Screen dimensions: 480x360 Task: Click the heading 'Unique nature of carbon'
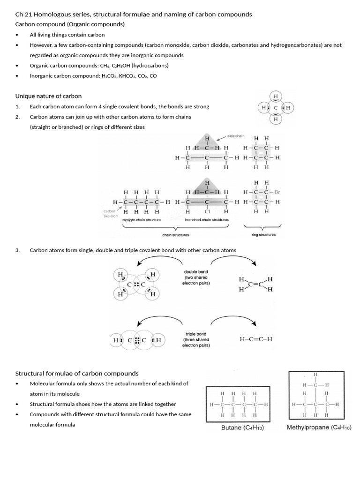[x=49, y=96]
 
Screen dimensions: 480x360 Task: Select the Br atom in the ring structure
[x=277, y=192]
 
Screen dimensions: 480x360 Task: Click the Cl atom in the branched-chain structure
[x=207, y=211]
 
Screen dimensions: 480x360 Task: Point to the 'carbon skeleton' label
[x=110, y=214]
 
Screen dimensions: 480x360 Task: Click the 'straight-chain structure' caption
[x=142, y=220]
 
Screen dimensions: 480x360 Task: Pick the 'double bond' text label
[x=196, y=272]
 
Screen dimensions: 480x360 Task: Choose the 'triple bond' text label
[x=196, y=334]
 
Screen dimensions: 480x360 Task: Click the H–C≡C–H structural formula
[x=255, y=339]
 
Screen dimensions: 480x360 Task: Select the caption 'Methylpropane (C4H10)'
[x=319, y=427]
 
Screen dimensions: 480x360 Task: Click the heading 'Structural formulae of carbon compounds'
[x=77, y=374]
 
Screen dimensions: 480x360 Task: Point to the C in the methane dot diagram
[x=276, y=108]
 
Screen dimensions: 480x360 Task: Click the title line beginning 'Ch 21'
[x=134, y=15]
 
